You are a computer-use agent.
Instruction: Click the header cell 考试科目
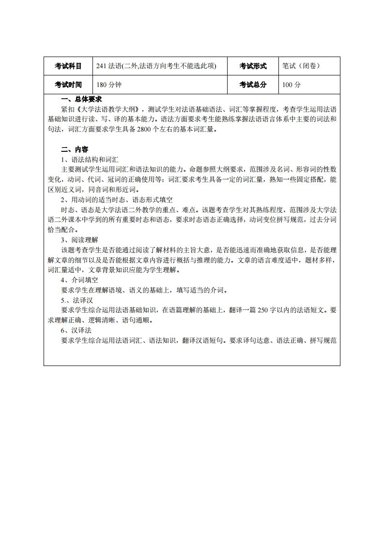click(68, 66)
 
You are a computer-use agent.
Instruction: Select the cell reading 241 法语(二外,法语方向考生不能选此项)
click(156, 66)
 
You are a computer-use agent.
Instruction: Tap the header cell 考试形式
click(253, 66)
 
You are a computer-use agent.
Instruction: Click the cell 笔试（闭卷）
click(301, 66)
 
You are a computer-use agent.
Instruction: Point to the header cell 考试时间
click(68, 85)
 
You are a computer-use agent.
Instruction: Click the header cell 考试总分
click(253, 85)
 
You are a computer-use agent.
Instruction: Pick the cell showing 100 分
click(292, 85)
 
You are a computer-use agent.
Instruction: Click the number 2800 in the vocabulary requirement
click(145, 129)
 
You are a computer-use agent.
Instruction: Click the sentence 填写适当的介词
click(199, 290)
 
